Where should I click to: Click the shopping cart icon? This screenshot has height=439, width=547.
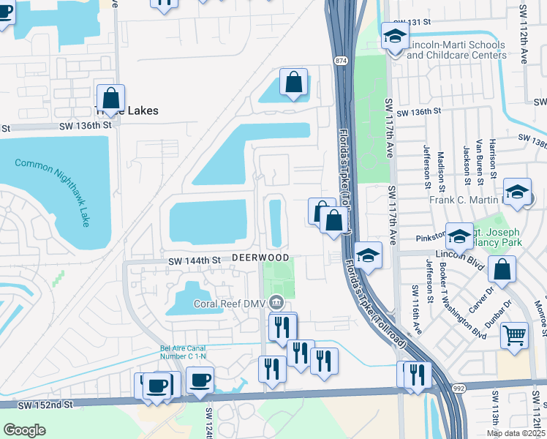pyautogui.click(x=514, y=335)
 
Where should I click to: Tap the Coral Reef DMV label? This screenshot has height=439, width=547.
pyautogui.click(x=230, y=303)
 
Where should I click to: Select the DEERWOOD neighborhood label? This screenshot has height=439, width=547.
pyautogui.click(x=261, y=258)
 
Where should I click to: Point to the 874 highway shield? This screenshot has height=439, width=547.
pyautogui.click(x=342, y=59)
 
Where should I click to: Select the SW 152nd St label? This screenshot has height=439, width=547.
pyautogui.click(x=48, y=404)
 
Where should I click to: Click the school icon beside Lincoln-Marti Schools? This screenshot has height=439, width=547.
pyautogui.click(x=394, y=37)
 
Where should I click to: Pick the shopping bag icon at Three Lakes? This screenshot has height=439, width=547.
pyautogui.click(x=110, y=98)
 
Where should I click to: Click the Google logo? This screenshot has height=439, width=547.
pyautogui.click(x=25, y=430)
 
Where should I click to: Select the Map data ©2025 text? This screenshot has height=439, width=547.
pyautogui.click(x=516, y=433)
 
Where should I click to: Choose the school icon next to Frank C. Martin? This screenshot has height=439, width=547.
pyautogui.click(x=517, y=192)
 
